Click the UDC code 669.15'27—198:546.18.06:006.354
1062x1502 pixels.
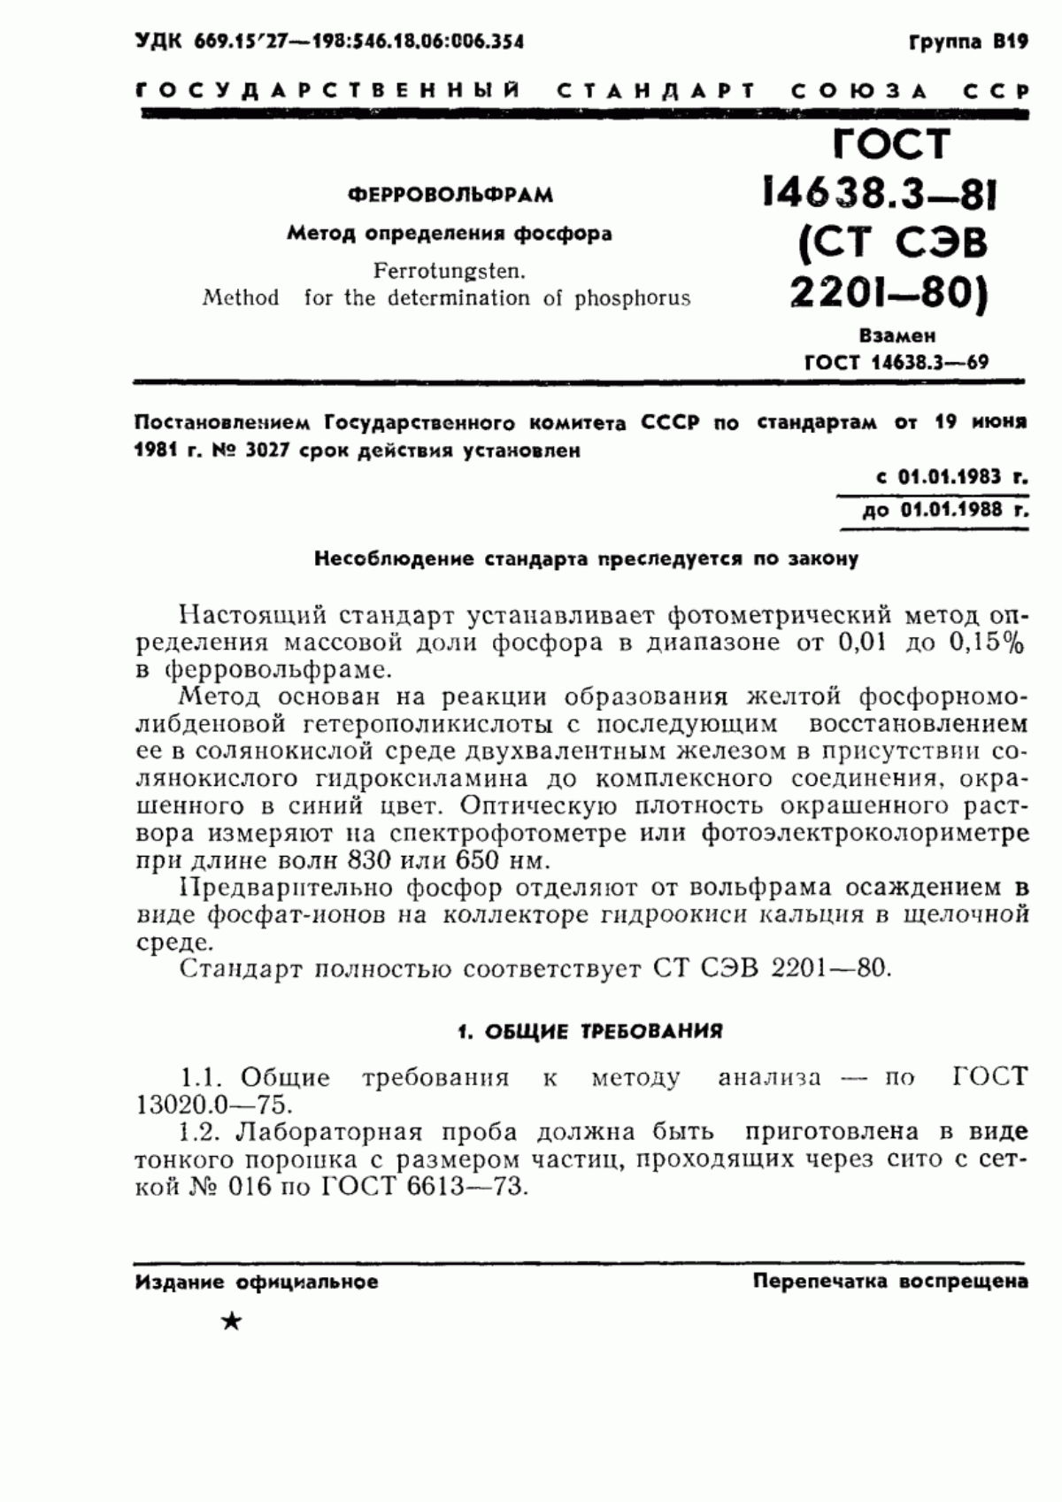(x=358, y=42)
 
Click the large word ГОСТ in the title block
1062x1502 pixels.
(x=891, y=143)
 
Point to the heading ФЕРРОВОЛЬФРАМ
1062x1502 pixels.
(x=450, y=195)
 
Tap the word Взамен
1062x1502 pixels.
(x=897, y=336)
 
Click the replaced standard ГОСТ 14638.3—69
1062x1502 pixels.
(x=897, y=362)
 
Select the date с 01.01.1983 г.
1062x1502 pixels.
(x=951, y=477)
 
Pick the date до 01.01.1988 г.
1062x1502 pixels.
(x=945, y=510)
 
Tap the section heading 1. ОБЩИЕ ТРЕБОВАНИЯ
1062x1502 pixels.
(x=589, y=1031)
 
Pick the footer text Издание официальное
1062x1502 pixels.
(x=257, y=1282)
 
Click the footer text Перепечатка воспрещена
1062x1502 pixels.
(x=889, y=1281)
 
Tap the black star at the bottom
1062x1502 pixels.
(x=231, y=1322)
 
